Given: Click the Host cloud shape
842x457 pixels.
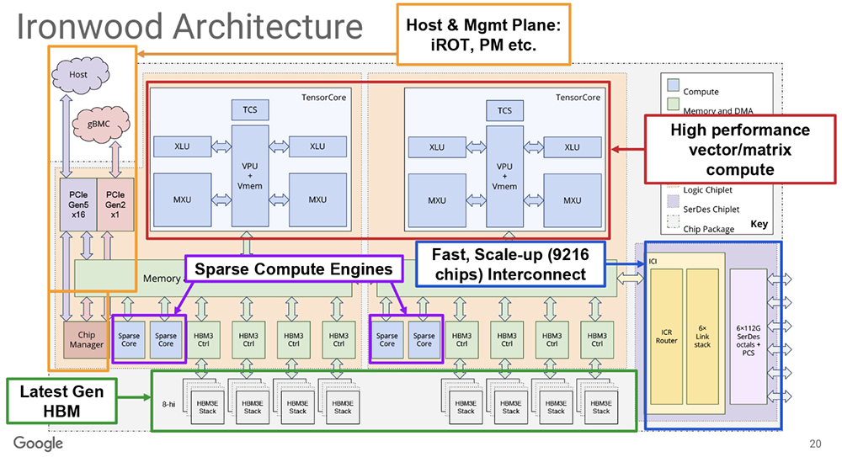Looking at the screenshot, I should coord(78,74).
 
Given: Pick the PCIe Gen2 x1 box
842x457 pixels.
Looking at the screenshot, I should coord(115,205).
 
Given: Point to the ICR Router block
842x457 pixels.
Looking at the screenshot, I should coord(667,340).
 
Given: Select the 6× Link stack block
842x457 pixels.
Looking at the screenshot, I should coord(702,340).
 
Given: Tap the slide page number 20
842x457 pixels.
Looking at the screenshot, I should coord(815,444).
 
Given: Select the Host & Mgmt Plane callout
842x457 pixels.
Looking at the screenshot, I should coord(483,33).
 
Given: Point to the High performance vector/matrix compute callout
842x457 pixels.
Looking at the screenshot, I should coord(739,150).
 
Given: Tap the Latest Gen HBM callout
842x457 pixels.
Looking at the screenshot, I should coord(58,401).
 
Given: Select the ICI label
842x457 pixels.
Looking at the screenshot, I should coord(653,261).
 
